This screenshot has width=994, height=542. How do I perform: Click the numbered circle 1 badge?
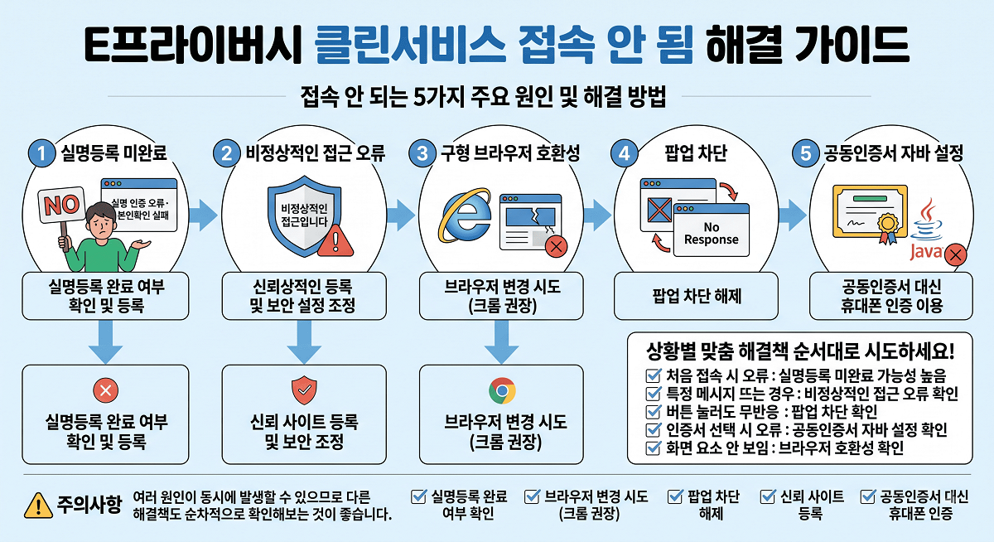pyautogui.click(x=41, y=153)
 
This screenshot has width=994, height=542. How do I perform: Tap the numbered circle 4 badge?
pyautogui.click(x=624, y=153)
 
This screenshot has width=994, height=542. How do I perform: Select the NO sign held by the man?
pyautogui.click(x=61, y=205)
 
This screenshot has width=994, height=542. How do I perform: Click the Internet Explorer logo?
pyautogui.click(x=465, y=215)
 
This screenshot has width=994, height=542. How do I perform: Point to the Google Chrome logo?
pyautogui.click(x=502, y=390)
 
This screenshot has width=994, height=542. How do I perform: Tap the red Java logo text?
pyautogui.click(x=926, y=252)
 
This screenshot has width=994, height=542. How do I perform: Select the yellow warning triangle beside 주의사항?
pyautogui.click(x=39, y=506)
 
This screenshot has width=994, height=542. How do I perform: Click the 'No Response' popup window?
pyautogui.click(x=711, y=230)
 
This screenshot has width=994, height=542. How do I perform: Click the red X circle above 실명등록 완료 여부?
pyautogui.click(x=106, y=390)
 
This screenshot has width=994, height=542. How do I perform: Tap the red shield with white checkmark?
pyautogui.click(x=304, y=390)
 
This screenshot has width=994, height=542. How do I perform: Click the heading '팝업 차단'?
pyautogui.click(x=696, y=153)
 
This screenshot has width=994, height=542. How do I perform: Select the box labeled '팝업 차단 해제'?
pyautogui.click(x=696, y=296)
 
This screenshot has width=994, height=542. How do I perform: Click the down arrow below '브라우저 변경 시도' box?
pyautogui.click(x=501, y=341)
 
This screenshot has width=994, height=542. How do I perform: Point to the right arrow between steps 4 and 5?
pyautogui.click(x=793, y=215)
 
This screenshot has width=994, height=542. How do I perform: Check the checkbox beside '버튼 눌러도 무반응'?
pyautogui.click(x=654, y=412)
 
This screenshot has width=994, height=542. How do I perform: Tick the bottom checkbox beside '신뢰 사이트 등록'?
pyautogui.click(x=768, y=496)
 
